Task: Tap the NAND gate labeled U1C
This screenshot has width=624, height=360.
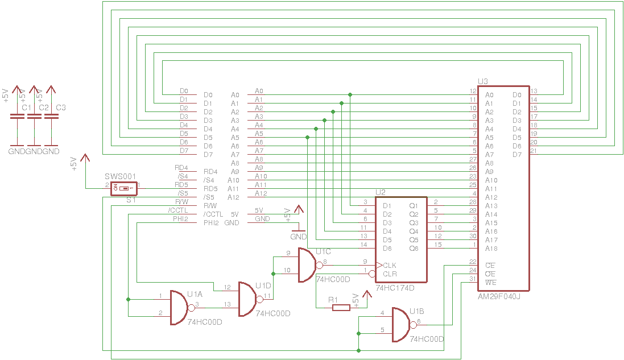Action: click(x=307, y=266)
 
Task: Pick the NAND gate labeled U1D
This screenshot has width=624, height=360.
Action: click(x=247, y=299)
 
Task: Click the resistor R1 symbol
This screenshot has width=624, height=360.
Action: click(x=341, y=308)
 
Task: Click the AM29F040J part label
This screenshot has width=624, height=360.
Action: click(x=499, y=296)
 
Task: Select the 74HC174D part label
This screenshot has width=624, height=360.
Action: click(x=395, y=288)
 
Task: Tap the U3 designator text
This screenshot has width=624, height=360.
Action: click(x=482, y=82)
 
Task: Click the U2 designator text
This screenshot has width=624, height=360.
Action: click(x=380, y=193)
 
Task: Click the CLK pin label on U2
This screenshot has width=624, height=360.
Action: click(x=390, y=266)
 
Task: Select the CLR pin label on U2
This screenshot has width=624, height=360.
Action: click(x=390, y=274)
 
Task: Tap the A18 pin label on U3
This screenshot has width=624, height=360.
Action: click(x=491, y=249)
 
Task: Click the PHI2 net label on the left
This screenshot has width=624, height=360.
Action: click(x=180, y=219)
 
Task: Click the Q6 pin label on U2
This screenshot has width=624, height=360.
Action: click(x=414, y=249)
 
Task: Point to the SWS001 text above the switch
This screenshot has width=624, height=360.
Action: click(x=121, y=176)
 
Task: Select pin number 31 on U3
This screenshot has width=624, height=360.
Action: click(x=472, y=279)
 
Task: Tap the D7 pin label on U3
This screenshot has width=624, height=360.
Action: click(x=516, y=155)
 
